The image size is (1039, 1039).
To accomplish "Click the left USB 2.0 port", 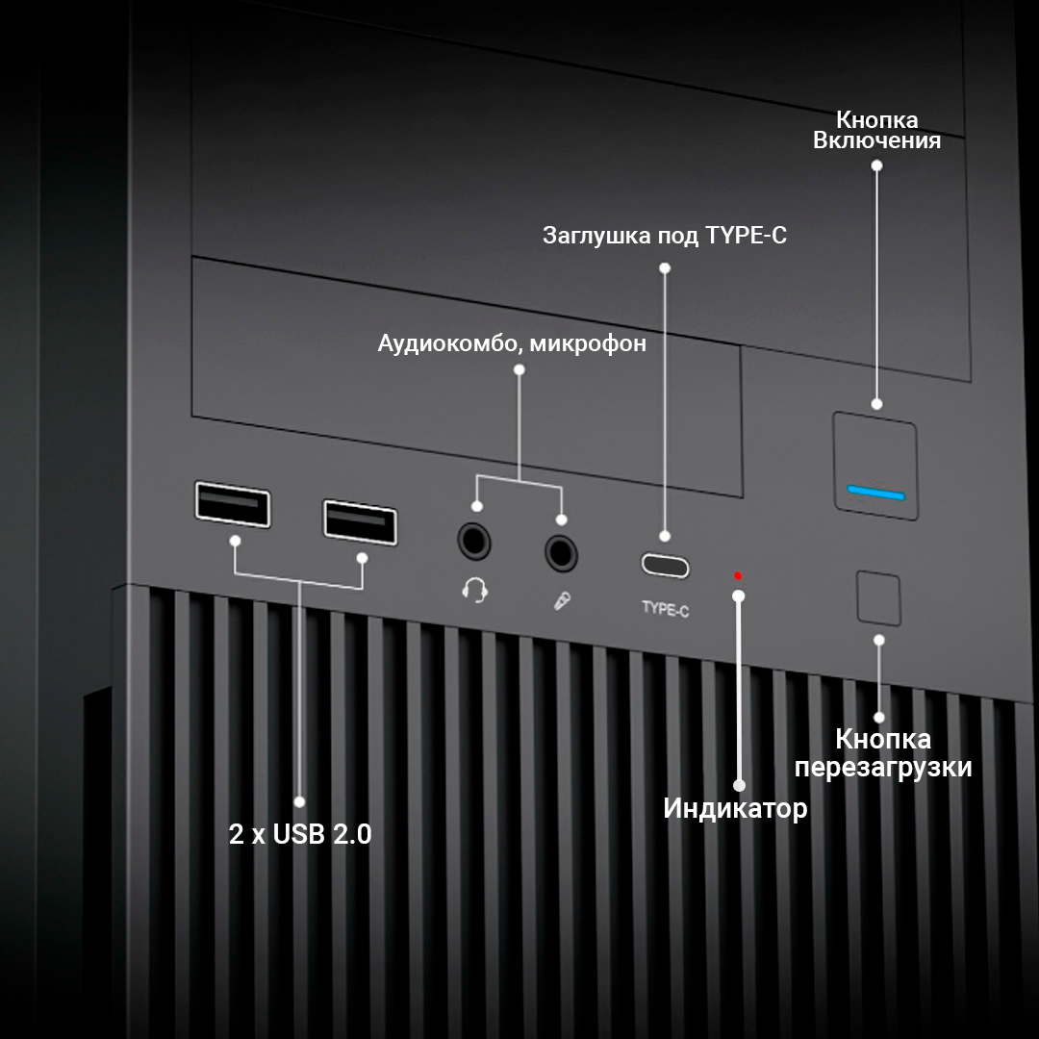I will pyautogui.click(x=232, y=504).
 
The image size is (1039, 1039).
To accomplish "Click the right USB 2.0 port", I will pyautogui.click(x=360, y=522).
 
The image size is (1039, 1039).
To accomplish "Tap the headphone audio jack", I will pyautogui.click(x=473, y=540).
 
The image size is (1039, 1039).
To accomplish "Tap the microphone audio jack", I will pyautogui.click(x=562, y=552).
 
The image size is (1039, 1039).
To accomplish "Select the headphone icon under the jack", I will pyautogui.click(x=474, y=589).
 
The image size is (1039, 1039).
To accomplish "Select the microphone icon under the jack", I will pyautogui.click(x=562, y=601).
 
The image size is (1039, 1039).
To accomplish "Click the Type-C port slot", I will pyautogui.click(x=665, y=566).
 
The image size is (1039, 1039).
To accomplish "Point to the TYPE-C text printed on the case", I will pyautogui.click(x=665, y=609).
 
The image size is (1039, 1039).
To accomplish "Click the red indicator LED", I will pyautogui.click(x=738, y=576).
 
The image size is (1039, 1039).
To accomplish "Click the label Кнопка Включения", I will pyautogui.click(x=876, y=130).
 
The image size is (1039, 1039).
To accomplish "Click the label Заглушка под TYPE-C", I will pyautogui.click(x=665, y=236).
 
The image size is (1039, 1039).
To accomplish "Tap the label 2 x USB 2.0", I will pyautogui.click(x=300, y=833).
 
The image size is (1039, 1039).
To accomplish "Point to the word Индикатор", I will pyautogui.click(x=735, y=809).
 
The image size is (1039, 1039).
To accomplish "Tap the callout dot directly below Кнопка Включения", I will pyautogui.click(x=876, y=165).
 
